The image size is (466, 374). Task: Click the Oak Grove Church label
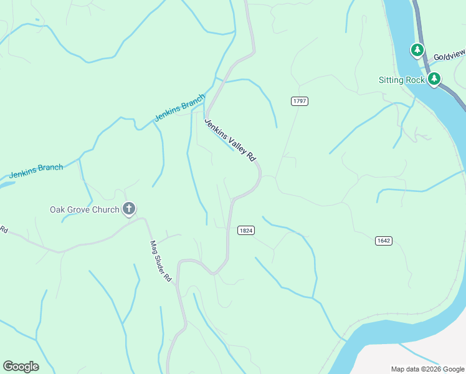pos(84,209)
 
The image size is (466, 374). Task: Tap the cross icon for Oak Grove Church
pos(129,209)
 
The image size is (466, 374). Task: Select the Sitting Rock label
pos(402,80)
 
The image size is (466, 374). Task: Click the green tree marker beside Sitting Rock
pos(434,79)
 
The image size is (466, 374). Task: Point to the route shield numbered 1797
pos(300,101)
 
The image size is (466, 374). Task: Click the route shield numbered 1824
pos(246,231)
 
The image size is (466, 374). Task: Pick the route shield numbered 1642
pos(383,241)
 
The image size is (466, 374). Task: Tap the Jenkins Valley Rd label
pos(231,140)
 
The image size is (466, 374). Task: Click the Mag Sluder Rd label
pos(160,262)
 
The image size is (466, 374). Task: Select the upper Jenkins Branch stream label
pos(179,108)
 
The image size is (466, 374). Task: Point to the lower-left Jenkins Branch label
pos(36,171)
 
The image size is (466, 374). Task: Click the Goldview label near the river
pos(449,57)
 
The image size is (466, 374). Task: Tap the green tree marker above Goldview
pos(417,49)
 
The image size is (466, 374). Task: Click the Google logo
pos(21,367)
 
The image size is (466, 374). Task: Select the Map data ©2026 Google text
pos(427,369)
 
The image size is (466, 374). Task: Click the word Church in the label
pos(105,209)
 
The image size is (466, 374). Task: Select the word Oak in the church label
pos(57,209)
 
